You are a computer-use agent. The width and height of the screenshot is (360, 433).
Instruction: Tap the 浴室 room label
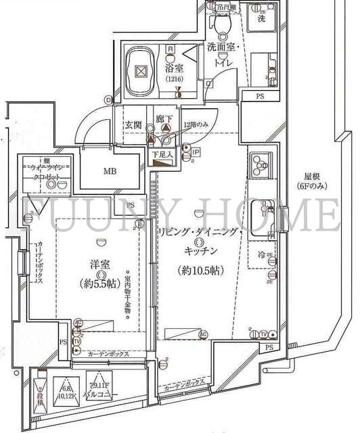tap(174, 68)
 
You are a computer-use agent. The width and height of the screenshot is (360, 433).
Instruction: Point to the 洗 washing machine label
tap(261, 19)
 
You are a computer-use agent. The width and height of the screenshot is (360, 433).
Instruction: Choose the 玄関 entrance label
tap(133, 125)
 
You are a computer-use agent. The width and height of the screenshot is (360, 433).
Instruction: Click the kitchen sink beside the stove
tap(261, 214)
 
